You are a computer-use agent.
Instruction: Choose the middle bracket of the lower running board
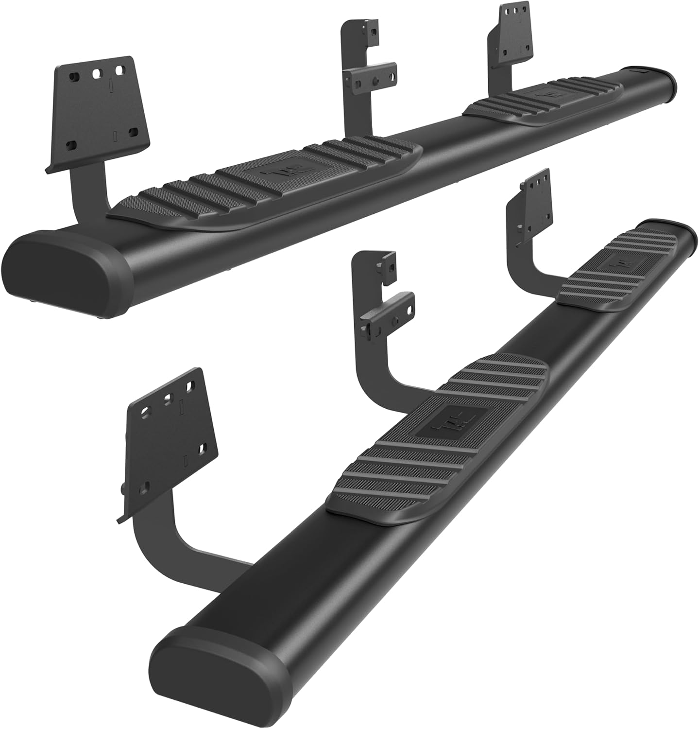click(x=384, y=311)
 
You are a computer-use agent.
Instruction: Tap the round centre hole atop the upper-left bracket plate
click(x=97, y=72)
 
